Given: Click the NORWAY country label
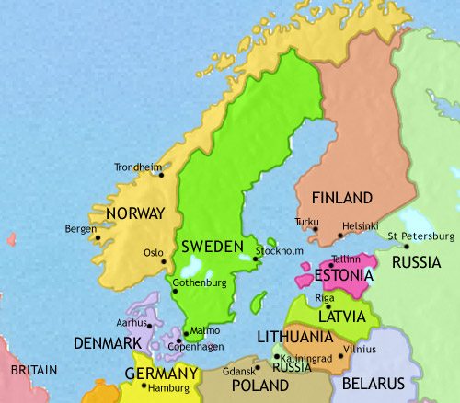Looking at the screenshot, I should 134,213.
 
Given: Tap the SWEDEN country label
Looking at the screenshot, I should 212,247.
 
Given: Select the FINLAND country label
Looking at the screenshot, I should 342,198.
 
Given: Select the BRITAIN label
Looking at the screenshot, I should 32,370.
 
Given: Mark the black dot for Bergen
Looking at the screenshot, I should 97,237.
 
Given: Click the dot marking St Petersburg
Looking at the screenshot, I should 407,247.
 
